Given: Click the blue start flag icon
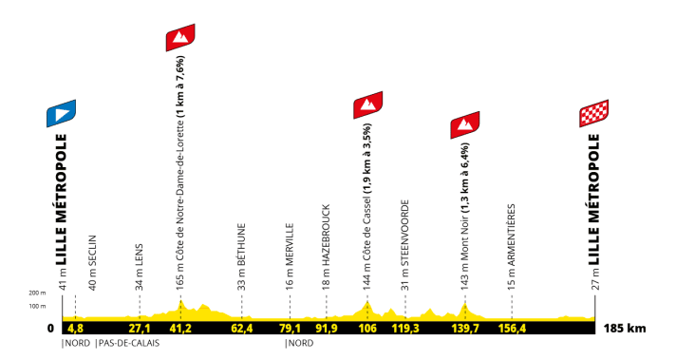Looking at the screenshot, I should pos(62,114).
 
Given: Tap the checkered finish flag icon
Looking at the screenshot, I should pos(595,114).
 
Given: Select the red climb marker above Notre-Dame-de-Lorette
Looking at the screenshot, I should pos(180,38).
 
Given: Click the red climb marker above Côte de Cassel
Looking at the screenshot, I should pos(367,105).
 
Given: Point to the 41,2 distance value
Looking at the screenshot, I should pos(180,329).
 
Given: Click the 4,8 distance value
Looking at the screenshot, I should pos(76,329).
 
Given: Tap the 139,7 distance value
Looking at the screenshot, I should pos(465,329).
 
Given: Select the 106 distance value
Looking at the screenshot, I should pos(367,329).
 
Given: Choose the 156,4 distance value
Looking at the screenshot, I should pos(512,329).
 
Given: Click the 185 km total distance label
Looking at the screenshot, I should pos(625,329).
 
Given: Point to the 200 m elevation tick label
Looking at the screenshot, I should pos(37,294).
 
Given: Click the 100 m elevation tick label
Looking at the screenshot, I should pos(37,306).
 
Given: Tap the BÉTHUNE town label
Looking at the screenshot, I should pos(241,243).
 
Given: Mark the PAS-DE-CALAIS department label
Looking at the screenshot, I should pos(127,343).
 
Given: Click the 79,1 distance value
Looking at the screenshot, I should pos(290,329).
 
